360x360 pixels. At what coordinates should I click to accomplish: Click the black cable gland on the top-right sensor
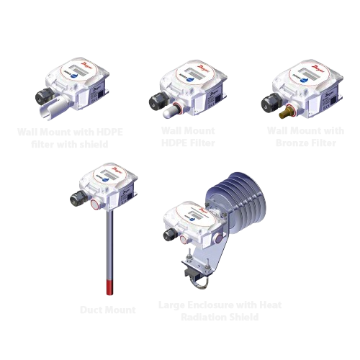(274, 94)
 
